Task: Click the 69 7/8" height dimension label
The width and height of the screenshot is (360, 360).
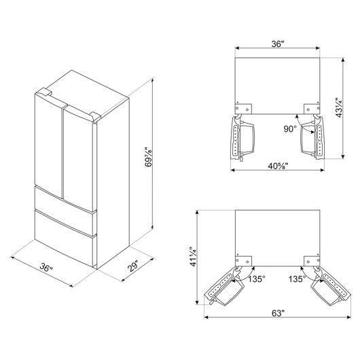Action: click(x=149, y=155)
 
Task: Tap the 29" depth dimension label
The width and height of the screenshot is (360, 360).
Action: click(x=133, y=266)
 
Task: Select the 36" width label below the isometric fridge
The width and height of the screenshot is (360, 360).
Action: click(x=46, y=267)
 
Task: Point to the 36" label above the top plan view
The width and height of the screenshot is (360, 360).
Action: click(x=278, y=43)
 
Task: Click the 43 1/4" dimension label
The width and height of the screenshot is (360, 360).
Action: click(x=340, y=107)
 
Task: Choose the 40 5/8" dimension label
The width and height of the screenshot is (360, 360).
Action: click(x=278, y=166)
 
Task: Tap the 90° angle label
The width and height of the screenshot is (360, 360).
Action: click(x=290, y=129)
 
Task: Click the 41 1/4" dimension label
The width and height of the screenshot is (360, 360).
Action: click(x=193, y=257)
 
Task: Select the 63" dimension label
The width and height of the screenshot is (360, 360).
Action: click(x=278, y=313)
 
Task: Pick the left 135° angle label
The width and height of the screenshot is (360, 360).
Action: click(x=257, y=279)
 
